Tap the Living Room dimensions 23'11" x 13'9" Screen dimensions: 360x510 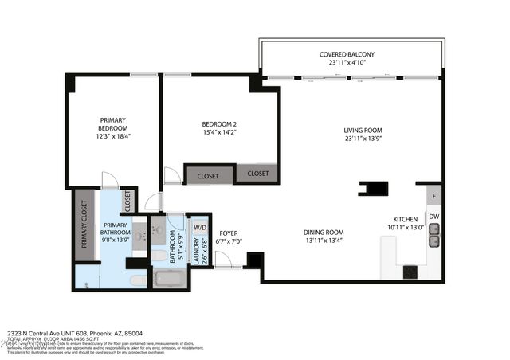tap(363, 139)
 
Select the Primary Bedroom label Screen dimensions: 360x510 tap(112, 124)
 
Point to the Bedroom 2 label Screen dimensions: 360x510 tap(218, 124)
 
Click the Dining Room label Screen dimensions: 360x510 tap(324, 233)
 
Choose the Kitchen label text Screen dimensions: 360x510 tap(406, 220)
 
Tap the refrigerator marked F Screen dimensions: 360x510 tap(433, 195)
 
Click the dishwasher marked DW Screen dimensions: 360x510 tap(433, 217)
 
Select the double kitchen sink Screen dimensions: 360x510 tap(434, 235)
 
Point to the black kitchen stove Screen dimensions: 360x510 tap(410, 272)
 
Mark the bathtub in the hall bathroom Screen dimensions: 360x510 tap(168, 280)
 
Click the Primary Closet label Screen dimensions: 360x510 tap(84, 224)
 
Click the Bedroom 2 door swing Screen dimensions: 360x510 tap(172, 176)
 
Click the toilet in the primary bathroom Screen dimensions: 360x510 tap(138, 280)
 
